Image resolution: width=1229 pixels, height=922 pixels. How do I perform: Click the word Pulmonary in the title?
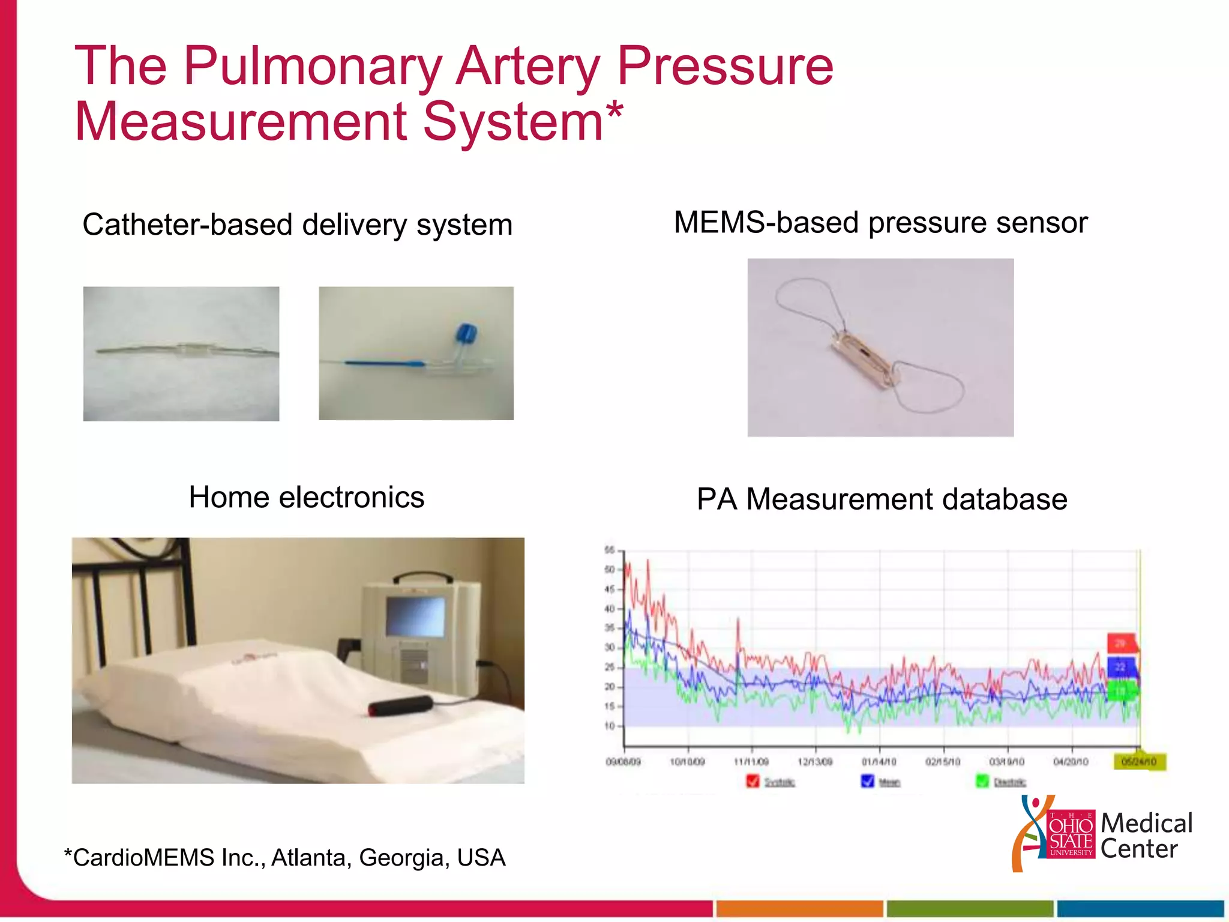click(x=312, y=67)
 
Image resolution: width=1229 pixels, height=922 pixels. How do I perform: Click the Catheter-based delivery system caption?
click(x=297, y=225)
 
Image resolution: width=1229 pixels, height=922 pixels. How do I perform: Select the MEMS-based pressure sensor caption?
click(x=880, y=223)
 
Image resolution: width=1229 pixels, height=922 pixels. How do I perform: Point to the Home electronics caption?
click(x=306, y=498)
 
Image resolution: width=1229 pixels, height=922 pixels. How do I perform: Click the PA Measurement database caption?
click(x=882, y=499)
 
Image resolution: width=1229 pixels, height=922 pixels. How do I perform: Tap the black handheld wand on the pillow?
click(x=400, y=706)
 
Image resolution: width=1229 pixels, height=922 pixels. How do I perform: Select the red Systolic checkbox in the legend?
click(x=752, y=781)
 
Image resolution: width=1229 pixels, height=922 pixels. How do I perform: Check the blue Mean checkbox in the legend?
click(x=867, y=781)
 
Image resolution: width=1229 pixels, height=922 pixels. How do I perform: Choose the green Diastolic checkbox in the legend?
click(x=982, y=781)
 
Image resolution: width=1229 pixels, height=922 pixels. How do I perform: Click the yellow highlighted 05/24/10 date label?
click(x=1138, y=762)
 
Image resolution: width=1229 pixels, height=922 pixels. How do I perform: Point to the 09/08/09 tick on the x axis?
click(x=624, y=761)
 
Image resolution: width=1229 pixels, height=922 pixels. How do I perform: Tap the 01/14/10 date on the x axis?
click(x=879, y=761)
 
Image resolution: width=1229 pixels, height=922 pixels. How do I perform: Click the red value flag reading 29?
click(x=1120, y=643)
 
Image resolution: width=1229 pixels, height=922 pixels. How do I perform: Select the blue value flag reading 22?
click(x=1120, y=667)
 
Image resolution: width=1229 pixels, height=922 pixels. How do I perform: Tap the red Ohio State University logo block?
click(x=1071, y=834)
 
